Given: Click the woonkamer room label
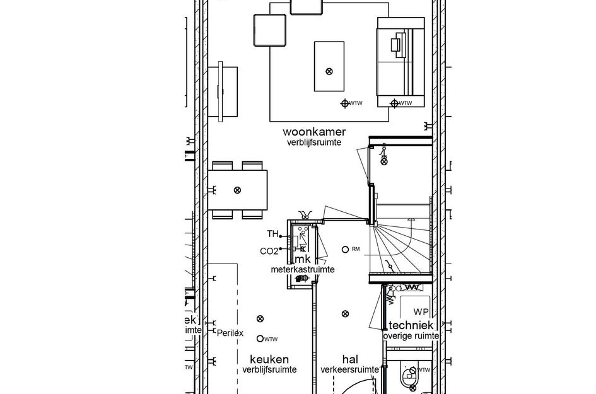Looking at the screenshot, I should pos(314,132).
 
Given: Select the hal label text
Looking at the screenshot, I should pos(350,359).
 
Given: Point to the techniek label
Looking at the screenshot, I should pos(411,325).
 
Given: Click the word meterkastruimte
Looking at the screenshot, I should pos(303,270).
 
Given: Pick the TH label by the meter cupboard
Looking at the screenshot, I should pos(272,235).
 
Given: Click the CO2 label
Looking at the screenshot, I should pos(269,252).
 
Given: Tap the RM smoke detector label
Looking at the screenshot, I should pos(356,250).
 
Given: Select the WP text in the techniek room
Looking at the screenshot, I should pos(421,312).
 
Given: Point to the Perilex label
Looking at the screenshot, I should pos(230,332).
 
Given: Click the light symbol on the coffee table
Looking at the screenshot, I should pos(329,71).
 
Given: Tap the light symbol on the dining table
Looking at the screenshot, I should pos(237,190).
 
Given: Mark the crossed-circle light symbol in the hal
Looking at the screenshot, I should pos(344,314).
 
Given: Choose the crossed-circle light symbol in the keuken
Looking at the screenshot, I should pos(259,320).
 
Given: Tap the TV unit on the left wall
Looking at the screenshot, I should pos(225,92).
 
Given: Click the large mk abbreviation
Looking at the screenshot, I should pos(302,259).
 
